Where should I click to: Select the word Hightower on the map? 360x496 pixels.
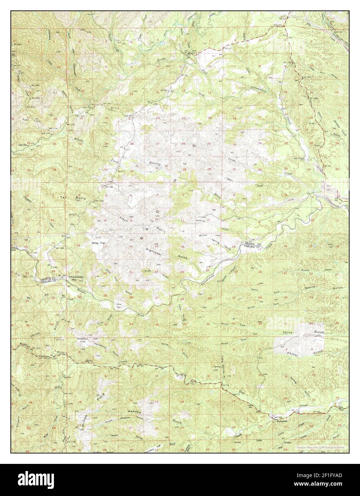(154, 251)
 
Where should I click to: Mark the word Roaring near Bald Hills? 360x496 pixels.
(155, 163)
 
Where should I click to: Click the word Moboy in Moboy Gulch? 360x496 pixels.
(305, 270)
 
